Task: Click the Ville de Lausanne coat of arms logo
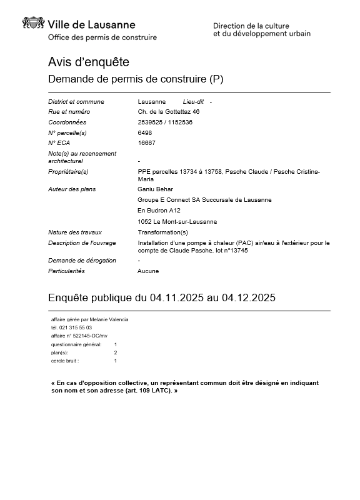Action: [33, 24]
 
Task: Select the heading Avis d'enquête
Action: [88, 62]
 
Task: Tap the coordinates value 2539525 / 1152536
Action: [165, 122]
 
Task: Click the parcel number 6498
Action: [144, 132]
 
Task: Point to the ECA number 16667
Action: [146, 142]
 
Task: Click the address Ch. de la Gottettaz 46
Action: [168, 112]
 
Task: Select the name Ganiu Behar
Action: [155, 189]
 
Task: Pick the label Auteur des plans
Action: [72, 189]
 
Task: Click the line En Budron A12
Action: [159, 211]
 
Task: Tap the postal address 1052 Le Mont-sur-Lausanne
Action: [177, 221]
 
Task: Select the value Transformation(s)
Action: [162, 232]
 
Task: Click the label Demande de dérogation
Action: [82, 260]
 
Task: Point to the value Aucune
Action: [148, 271]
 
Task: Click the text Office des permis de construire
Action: [102, 37]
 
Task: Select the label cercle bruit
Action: [65, 361]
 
